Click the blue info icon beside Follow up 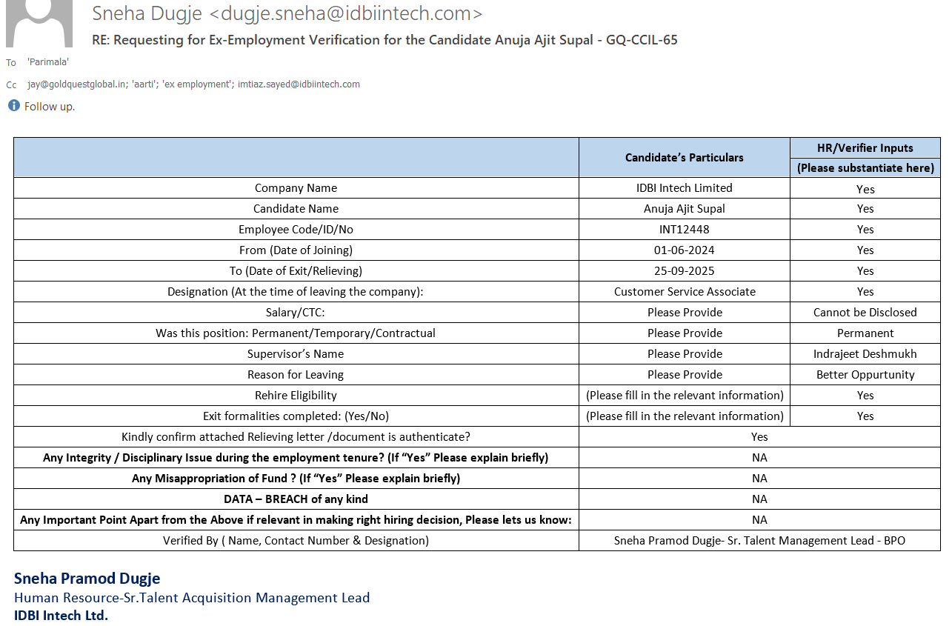[14, 106]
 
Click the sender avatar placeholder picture [39, 22]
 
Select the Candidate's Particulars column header [684, 157]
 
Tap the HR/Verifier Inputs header [865, 148]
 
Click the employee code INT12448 [684, 230]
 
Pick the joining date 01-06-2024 [684, 250]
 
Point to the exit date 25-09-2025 [684, 271]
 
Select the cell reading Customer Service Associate [685, 292]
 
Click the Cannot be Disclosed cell [865, 313]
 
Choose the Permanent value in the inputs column [865, 333]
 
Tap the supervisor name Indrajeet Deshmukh [865, 354]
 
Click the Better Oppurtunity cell [865, 375]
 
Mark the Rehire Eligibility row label [296, 396]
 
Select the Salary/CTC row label [296, 313]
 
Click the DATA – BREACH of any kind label [296, 499]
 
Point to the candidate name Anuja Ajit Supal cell [684, 209]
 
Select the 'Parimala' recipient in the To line [48, 62]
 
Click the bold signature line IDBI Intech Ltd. [61, 616]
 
